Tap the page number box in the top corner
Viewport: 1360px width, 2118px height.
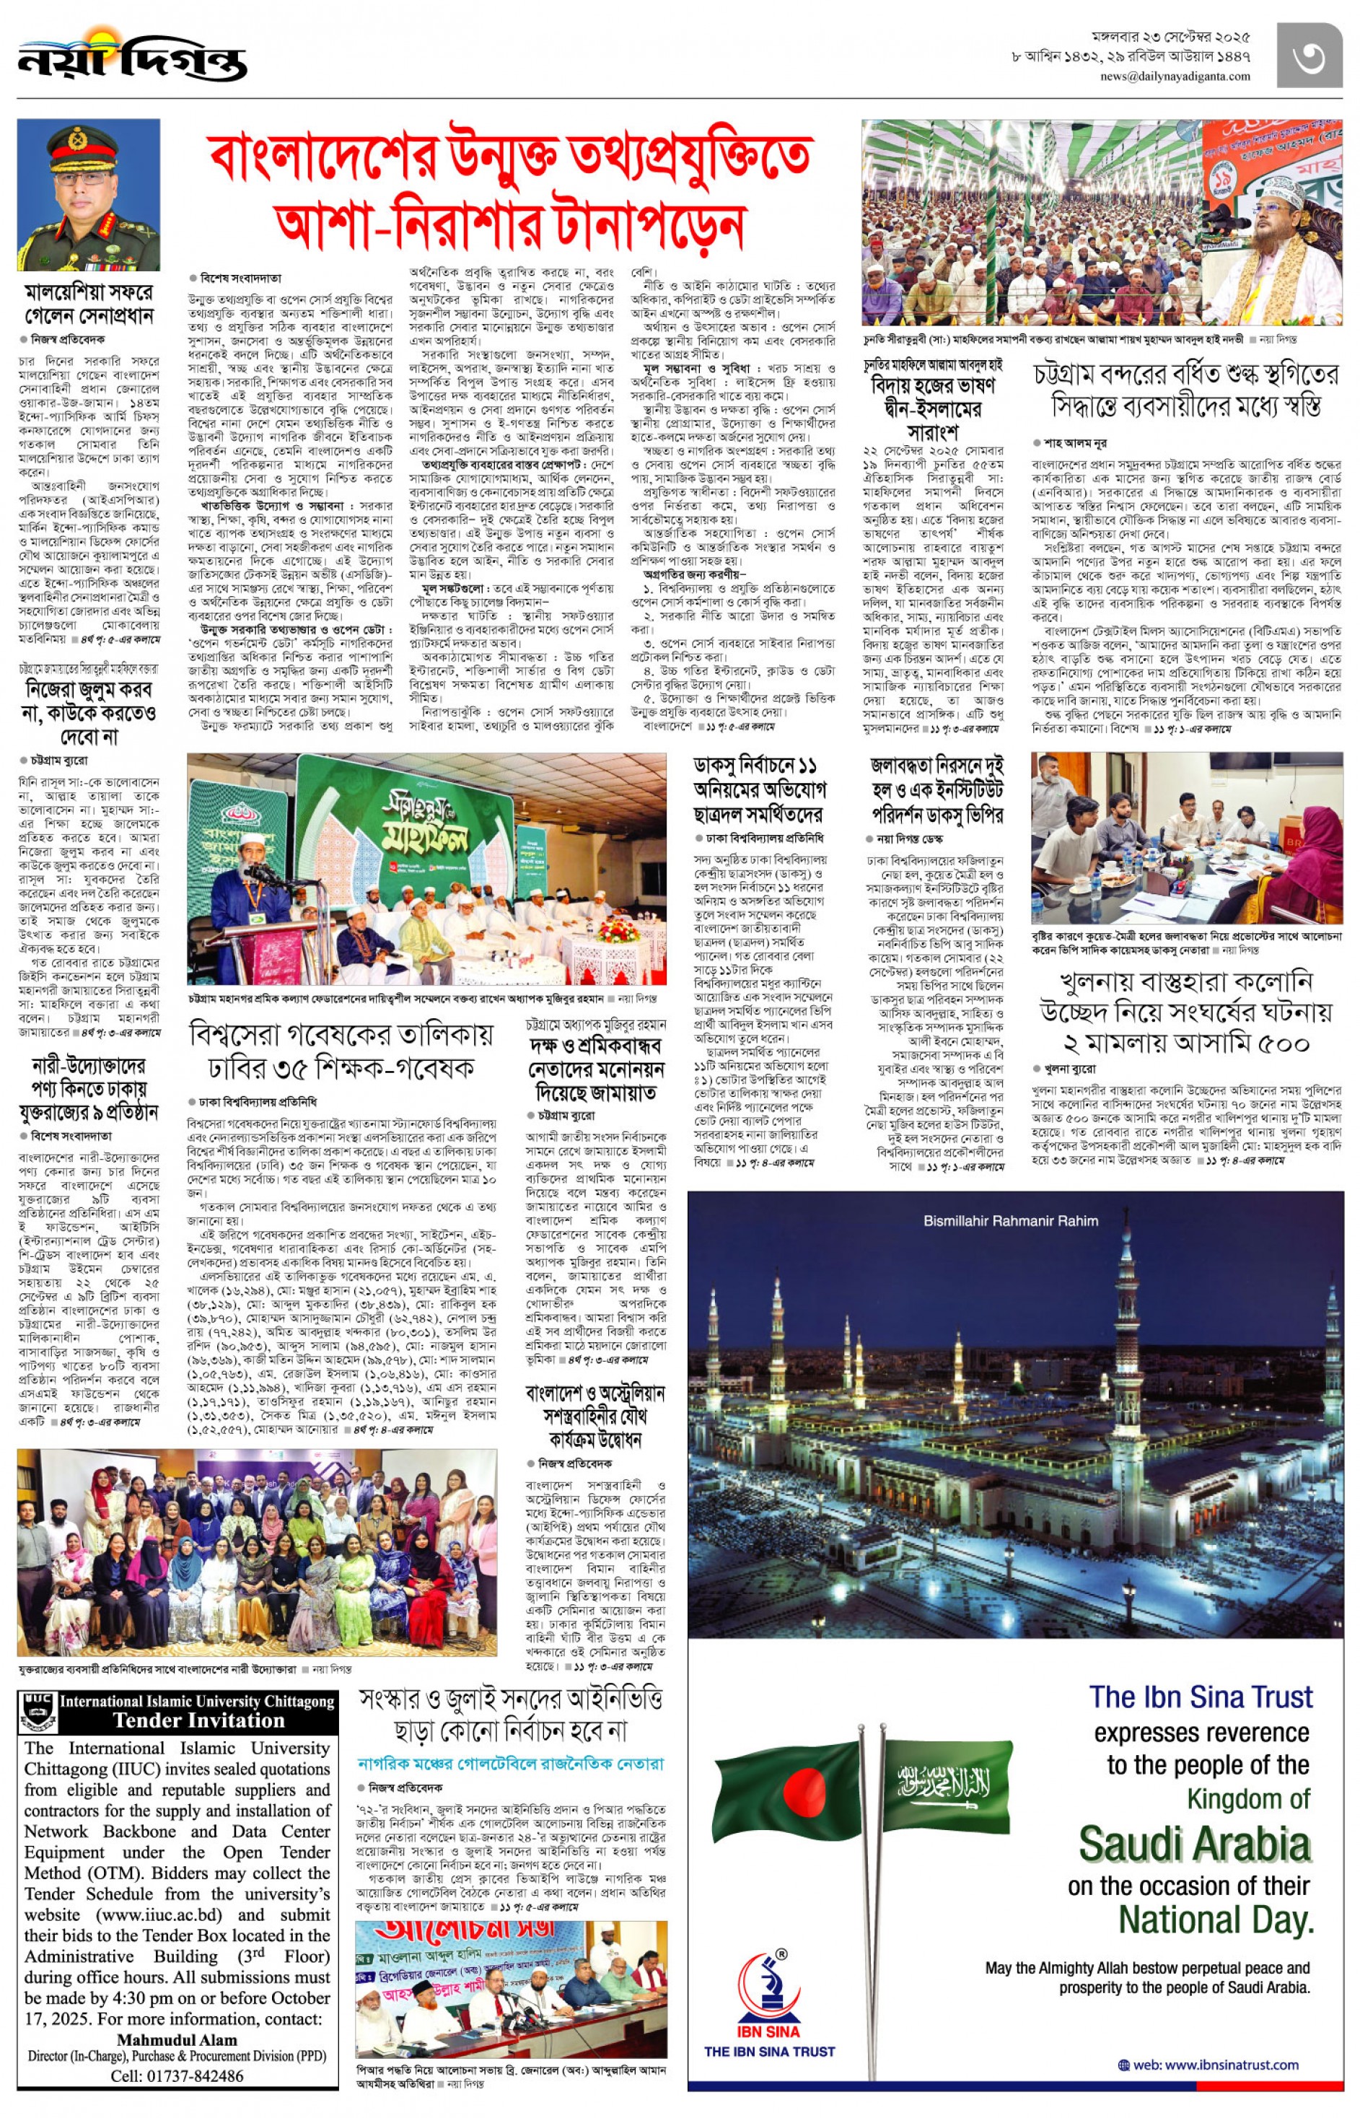click(x=1309, y=56)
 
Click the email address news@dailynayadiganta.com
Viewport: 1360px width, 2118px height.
click(x=1175, y=76)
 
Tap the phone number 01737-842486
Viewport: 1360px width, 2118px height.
click(x=177, y=2076)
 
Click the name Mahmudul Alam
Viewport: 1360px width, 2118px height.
click(x=177, y=2040)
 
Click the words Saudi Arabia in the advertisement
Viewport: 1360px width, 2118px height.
click(x=1194, y=1845)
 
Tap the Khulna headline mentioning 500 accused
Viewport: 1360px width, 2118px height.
click(x=1186, y=1012)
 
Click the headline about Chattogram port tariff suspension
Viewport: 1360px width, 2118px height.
click(x=1186, y=390)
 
